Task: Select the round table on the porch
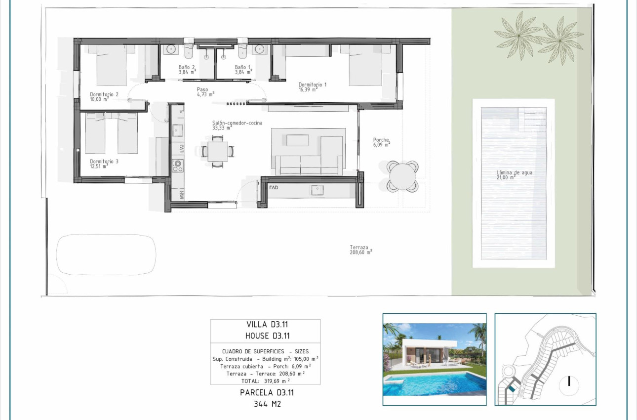[402, 175]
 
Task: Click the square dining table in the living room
[217, 151]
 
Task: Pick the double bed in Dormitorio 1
[365, 65]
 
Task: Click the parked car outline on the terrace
[106, 254]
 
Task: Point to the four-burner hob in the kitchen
[177, 166]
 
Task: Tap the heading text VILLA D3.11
[265, 325]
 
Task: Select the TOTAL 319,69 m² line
[265, 381]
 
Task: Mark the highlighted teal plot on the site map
[512, 390]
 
